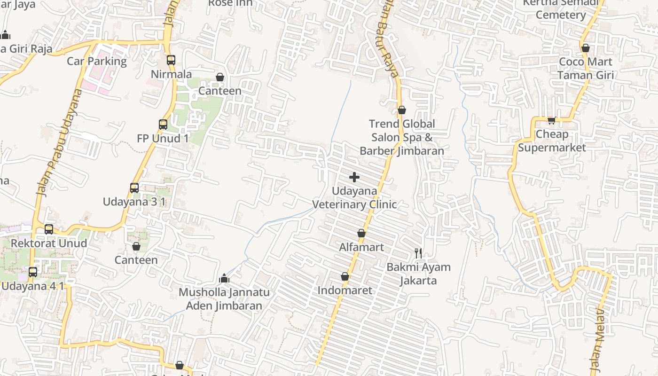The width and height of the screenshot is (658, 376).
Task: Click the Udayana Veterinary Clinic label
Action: pyautogui.click(x=355, y=198)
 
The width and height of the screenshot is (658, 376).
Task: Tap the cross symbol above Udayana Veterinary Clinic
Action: pyautogui.click(x=354, y=177)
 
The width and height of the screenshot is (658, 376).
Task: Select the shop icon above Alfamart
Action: pyautogui.click(x=361, y=233)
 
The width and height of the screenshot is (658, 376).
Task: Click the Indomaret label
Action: pyautogui.click(x=345, y=290)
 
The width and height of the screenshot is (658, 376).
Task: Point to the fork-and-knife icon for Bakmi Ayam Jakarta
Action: pyautogui.click(x=418, y=253)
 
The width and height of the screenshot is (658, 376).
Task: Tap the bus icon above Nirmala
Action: pyautogui.click(x=171, y=60)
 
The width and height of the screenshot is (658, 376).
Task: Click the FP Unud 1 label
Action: pyautogui.click(x=163, y=138)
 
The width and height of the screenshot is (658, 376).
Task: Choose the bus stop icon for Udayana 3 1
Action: pyautogui.click(x=134, y=188)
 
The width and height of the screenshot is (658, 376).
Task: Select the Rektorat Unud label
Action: pyautogui.click(x=48, y=243)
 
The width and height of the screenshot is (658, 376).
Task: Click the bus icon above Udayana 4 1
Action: pyautogui.click(x=33, y=272)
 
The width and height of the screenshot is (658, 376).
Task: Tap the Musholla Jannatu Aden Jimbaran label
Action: pyautogui.click(x=224, y=299)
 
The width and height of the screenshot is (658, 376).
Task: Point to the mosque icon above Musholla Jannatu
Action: pyautogui.click(x=224, y=278)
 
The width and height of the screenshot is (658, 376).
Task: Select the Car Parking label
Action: pyautogui.click(x=97, y=61)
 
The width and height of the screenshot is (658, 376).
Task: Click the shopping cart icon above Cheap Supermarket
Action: pyautogui.click(x=552, y=120)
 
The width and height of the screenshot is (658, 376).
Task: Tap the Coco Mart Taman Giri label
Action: pyautogui.click(x=585, y=68)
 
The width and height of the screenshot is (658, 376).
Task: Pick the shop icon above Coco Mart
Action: pyautogui.click(x=585, y=48)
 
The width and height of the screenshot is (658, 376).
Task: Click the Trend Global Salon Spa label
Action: pyautogui.click(x=402, y=137)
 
